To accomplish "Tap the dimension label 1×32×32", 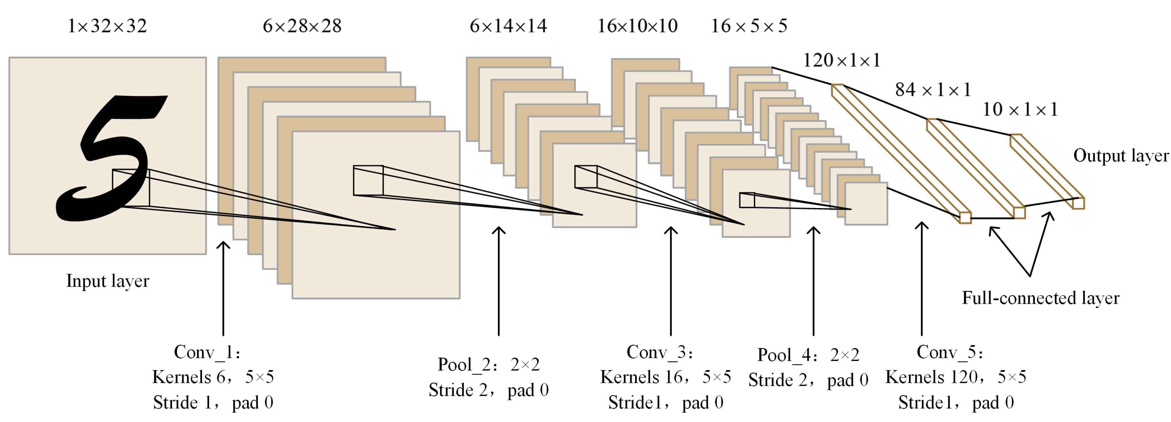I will point(107,26).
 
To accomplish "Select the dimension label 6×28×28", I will point(302,26).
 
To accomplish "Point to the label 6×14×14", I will point(508,26).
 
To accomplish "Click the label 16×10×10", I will point(637,26).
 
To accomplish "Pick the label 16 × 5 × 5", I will point(749,26).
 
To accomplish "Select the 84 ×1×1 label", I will point(933,90).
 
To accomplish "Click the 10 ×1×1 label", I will point(1020,109).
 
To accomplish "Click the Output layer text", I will point(1121,156).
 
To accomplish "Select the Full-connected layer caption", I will point(1040,298).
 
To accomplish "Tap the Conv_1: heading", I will point(207,352).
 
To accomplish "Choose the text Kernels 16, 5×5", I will point(665,377).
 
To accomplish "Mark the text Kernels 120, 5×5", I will point(956,377).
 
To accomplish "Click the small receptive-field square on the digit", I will point(131,188).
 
